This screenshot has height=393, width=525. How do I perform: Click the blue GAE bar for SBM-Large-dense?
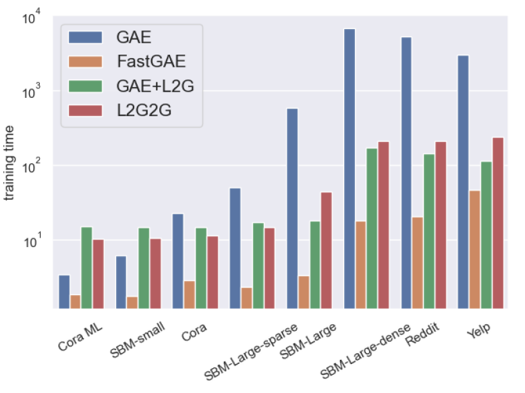click(350, 169)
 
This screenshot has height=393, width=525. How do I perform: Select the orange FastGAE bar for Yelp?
click(475, 250)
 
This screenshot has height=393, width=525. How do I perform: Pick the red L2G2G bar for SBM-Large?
click(327, 251)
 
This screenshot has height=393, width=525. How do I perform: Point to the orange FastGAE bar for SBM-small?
click(132, 303)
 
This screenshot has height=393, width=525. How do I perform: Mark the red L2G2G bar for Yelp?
click(498, 224)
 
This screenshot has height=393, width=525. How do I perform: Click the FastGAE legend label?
click(152, 61)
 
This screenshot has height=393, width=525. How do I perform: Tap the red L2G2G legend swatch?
click(85, 109)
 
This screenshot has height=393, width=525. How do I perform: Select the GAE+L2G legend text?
click(156, 86)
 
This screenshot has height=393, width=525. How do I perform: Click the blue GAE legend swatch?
click(85, 37)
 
